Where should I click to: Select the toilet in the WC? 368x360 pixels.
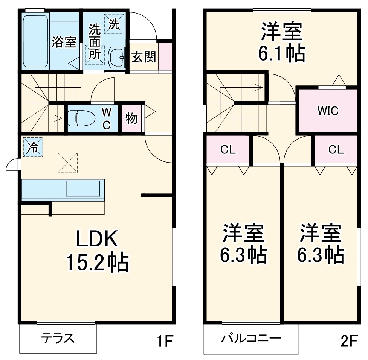(x=81, y=117)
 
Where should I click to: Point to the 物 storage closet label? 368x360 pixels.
(x=131, y=118)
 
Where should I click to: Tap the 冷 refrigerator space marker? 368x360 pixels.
(x=34, y=147)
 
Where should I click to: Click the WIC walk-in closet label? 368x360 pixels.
(x=327, y=111)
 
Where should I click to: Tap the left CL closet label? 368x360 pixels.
(x=228, y=150)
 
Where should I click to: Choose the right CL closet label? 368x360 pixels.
(x=336, y=150)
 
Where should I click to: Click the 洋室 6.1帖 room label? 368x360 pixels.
(x=281, y=42)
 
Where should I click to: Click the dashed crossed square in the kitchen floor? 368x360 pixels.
(x=68, y=162)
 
